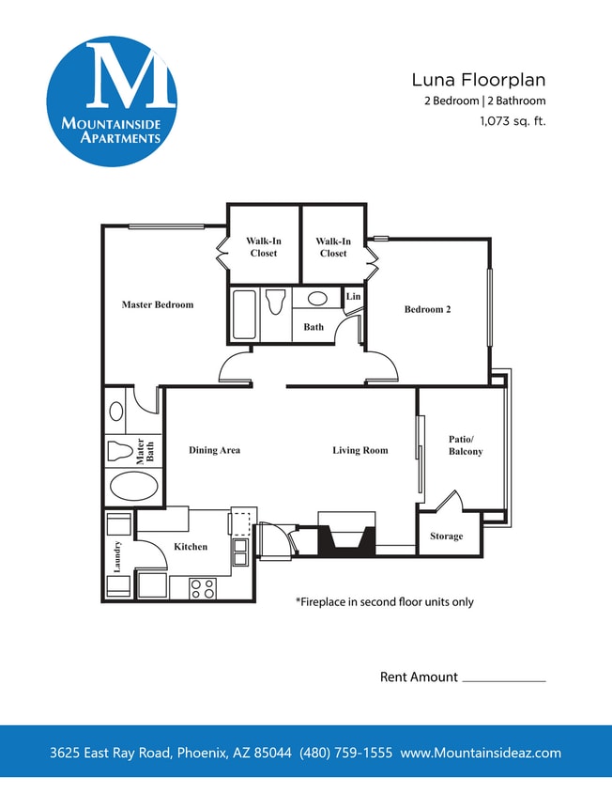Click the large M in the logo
130,74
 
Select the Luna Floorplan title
479,80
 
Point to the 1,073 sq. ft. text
512,120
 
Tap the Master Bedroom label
158,304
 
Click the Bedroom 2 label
427,309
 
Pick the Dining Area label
214,450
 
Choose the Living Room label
360,450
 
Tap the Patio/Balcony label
466,445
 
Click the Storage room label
446,536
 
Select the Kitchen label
191,547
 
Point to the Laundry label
117,556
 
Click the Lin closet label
353,297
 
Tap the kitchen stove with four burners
203,588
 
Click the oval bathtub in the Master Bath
133,489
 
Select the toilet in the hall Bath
275,303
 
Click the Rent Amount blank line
504,680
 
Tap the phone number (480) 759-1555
345,753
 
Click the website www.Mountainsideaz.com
481,753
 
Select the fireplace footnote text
384,601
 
